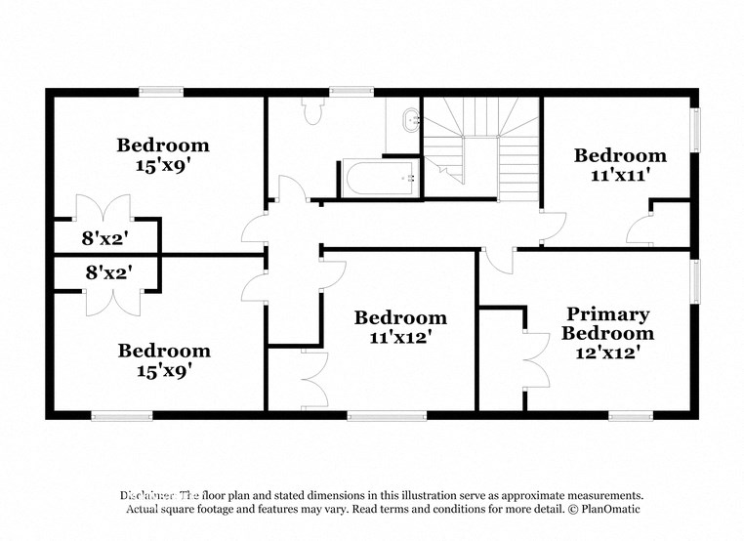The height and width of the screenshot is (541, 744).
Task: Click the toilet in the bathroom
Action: click(313, 113)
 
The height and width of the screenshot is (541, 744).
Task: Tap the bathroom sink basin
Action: click(407, 122)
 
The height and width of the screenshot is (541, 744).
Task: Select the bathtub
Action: click(379, 179)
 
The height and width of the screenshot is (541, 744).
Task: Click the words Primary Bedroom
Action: click(609, 323)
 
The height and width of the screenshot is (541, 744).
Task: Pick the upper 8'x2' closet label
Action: click(106, 236)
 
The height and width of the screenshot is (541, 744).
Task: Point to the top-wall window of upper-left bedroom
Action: click(161, 92)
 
